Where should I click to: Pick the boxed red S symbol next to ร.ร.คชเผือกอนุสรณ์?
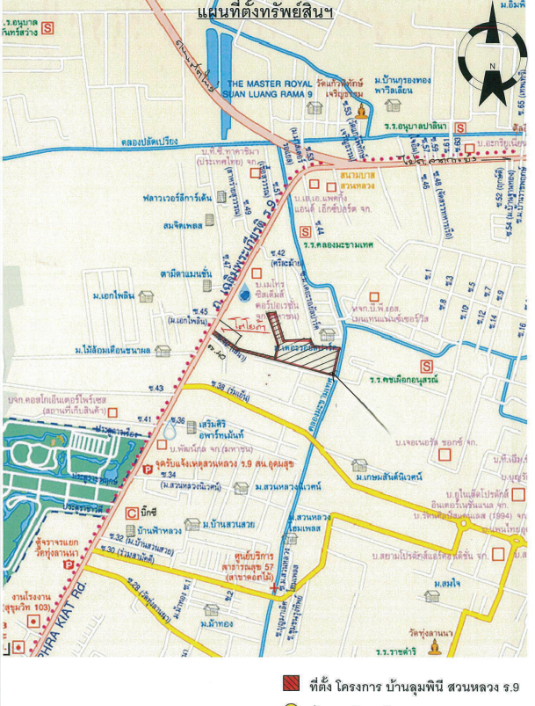click(427, 366)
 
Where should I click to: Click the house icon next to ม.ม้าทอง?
click(212, 609)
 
